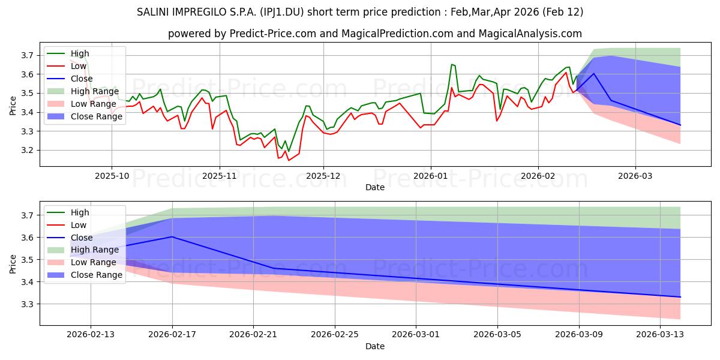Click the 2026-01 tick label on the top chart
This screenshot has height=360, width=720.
tap(430, 176)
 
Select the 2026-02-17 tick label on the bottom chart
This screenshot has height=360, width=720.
tap(172, 335)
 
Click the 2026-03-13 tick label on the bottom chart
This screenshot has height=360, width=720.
tap(660, 335)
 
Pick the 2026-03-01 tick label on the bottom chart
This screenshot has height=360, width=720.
tap(416, 335)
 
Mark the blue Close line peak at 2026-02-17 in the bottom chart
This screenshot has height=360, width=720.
tap(172, 236)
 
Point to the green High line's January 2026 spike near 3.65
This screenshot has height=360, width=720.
tap(452, 64)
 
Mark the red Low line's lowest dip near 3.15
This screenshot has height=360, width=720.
tap(289, 160)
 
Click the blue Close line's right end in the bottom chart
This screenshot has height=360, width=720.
tap(680, 297)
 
